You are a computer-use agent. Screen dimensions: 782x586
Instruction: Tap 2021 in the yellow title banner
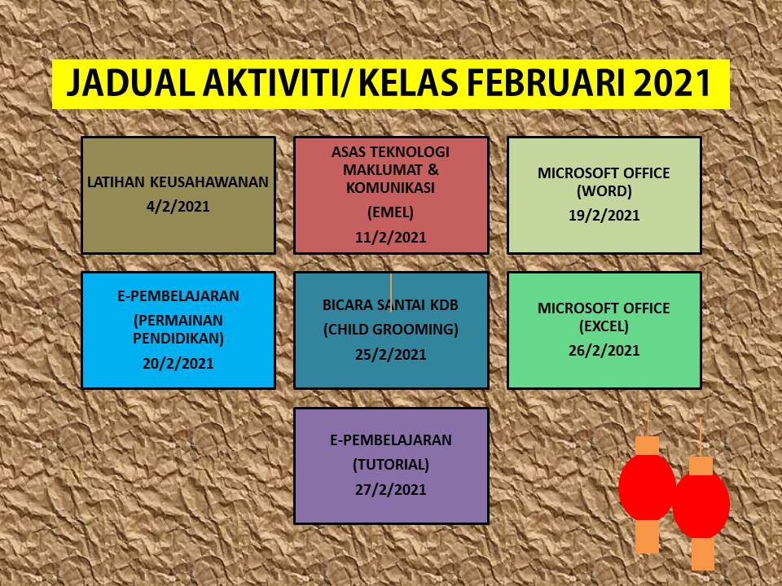[x=672, y=83]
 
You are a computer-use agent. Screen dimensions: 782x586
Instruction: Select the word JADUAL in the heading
[x=130, y=83]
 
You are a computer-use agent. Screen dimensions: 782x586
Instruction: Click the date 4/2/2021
[x=178, y=207]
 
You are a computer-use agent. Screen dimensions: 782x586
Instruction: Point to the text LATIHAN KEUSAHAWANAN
[x=178, y=181]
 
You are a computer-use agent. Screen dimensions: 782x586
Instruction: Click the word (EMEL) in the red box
[x=390, y=212]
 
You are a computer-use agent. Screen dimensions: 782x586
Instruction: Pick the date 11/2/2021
[x=390, y=237]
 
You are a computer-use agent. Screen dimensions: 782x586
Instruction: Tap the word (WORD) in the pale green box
[x=604, y=190]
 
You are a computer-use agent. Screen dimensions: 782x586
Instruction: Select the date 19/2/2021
[x=604, y=215]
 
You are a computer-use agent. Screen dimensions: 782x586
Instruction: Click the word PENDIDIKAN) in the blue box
[x=178, y=339]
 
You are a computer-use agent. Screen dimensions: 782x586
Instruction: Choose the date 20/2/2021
[x=178, y=363]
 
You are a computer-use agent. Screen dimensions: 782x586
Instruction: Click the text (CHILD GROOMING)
[x=390, y=330]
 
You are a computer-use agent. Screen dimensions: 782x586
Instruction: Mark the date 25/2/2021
[x=390, y=354]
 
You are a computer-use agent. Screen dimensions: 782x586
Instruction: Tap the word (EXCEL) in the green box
[x=604, y=326]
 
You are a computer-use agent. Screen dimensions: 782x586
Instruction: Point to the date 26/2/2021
[x=604, y=350]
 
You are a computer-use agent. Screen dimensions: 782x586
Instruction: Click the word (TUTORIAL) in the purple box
[x=390, y=465]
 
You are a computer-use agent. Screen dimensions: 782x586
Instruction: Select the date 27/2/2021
[x=390, y=489]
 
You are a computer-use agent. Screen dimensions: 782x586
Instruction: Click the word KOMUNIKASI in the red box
[x=390, y=188]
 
